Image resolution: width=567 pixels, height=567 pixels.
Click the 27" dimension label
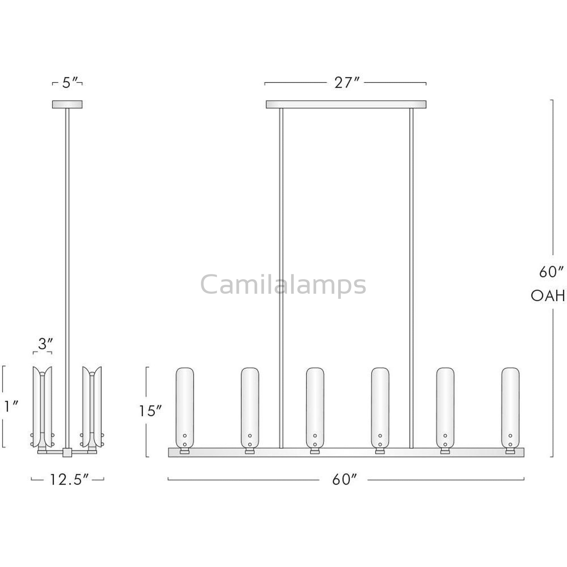click(x=346, y=83)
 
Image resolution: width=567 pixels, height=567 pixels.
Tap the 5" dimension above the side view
click(x=70, y=83)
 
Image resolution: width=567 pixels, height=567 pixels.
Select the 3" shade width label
click(x=45, y=344)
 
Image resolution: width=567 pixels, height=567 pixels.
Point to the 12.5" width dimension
click(x=69, y=480)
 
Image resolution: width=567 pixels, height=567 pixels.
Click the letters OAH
click(x=548, y=296)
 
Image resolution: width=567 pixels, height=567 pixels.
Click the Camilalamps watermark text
click(x=283, y=285)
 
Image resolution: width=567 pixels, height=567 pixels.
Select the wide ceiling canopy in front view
click(x=346, y=104)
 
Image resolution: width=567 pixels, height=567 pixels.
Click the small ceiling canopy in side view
click(x=67, y=104)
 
